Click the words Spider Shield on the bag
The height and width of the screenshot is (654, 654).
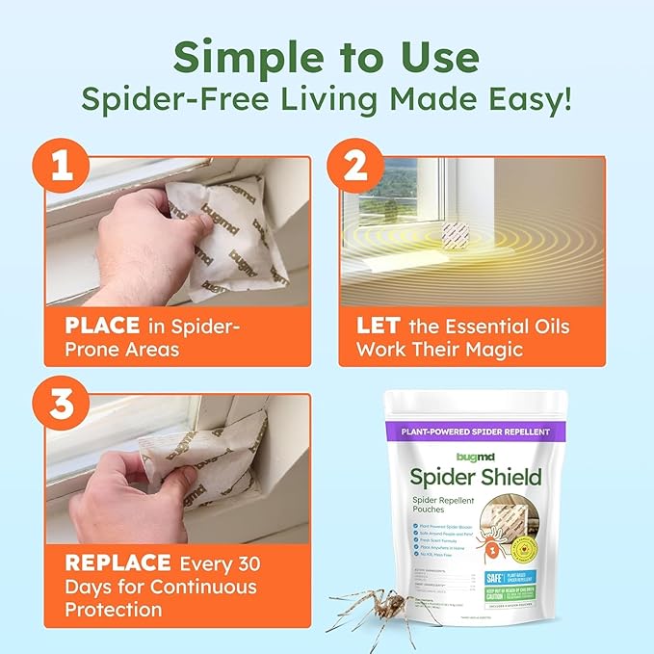click(489, 476)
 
